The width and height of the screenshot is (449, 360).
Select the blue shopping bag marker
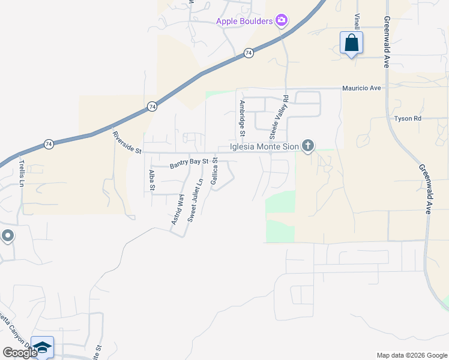point(351,43)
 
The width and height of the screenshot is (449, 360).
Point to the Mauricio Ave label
point(361,88)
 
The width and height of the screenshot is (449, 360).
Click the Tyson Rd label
point(408,118)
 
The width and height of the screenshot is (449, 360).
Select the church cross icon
point(308,145)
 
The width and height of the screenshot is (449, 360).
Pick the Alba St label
point(152,180)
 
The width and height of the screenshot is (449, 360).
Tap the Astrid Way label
point(176,209)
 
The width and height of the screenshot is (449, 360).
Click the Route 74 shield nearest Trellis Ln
point(48,144)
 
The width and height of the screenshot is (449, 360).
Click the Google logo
point(20,353)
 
